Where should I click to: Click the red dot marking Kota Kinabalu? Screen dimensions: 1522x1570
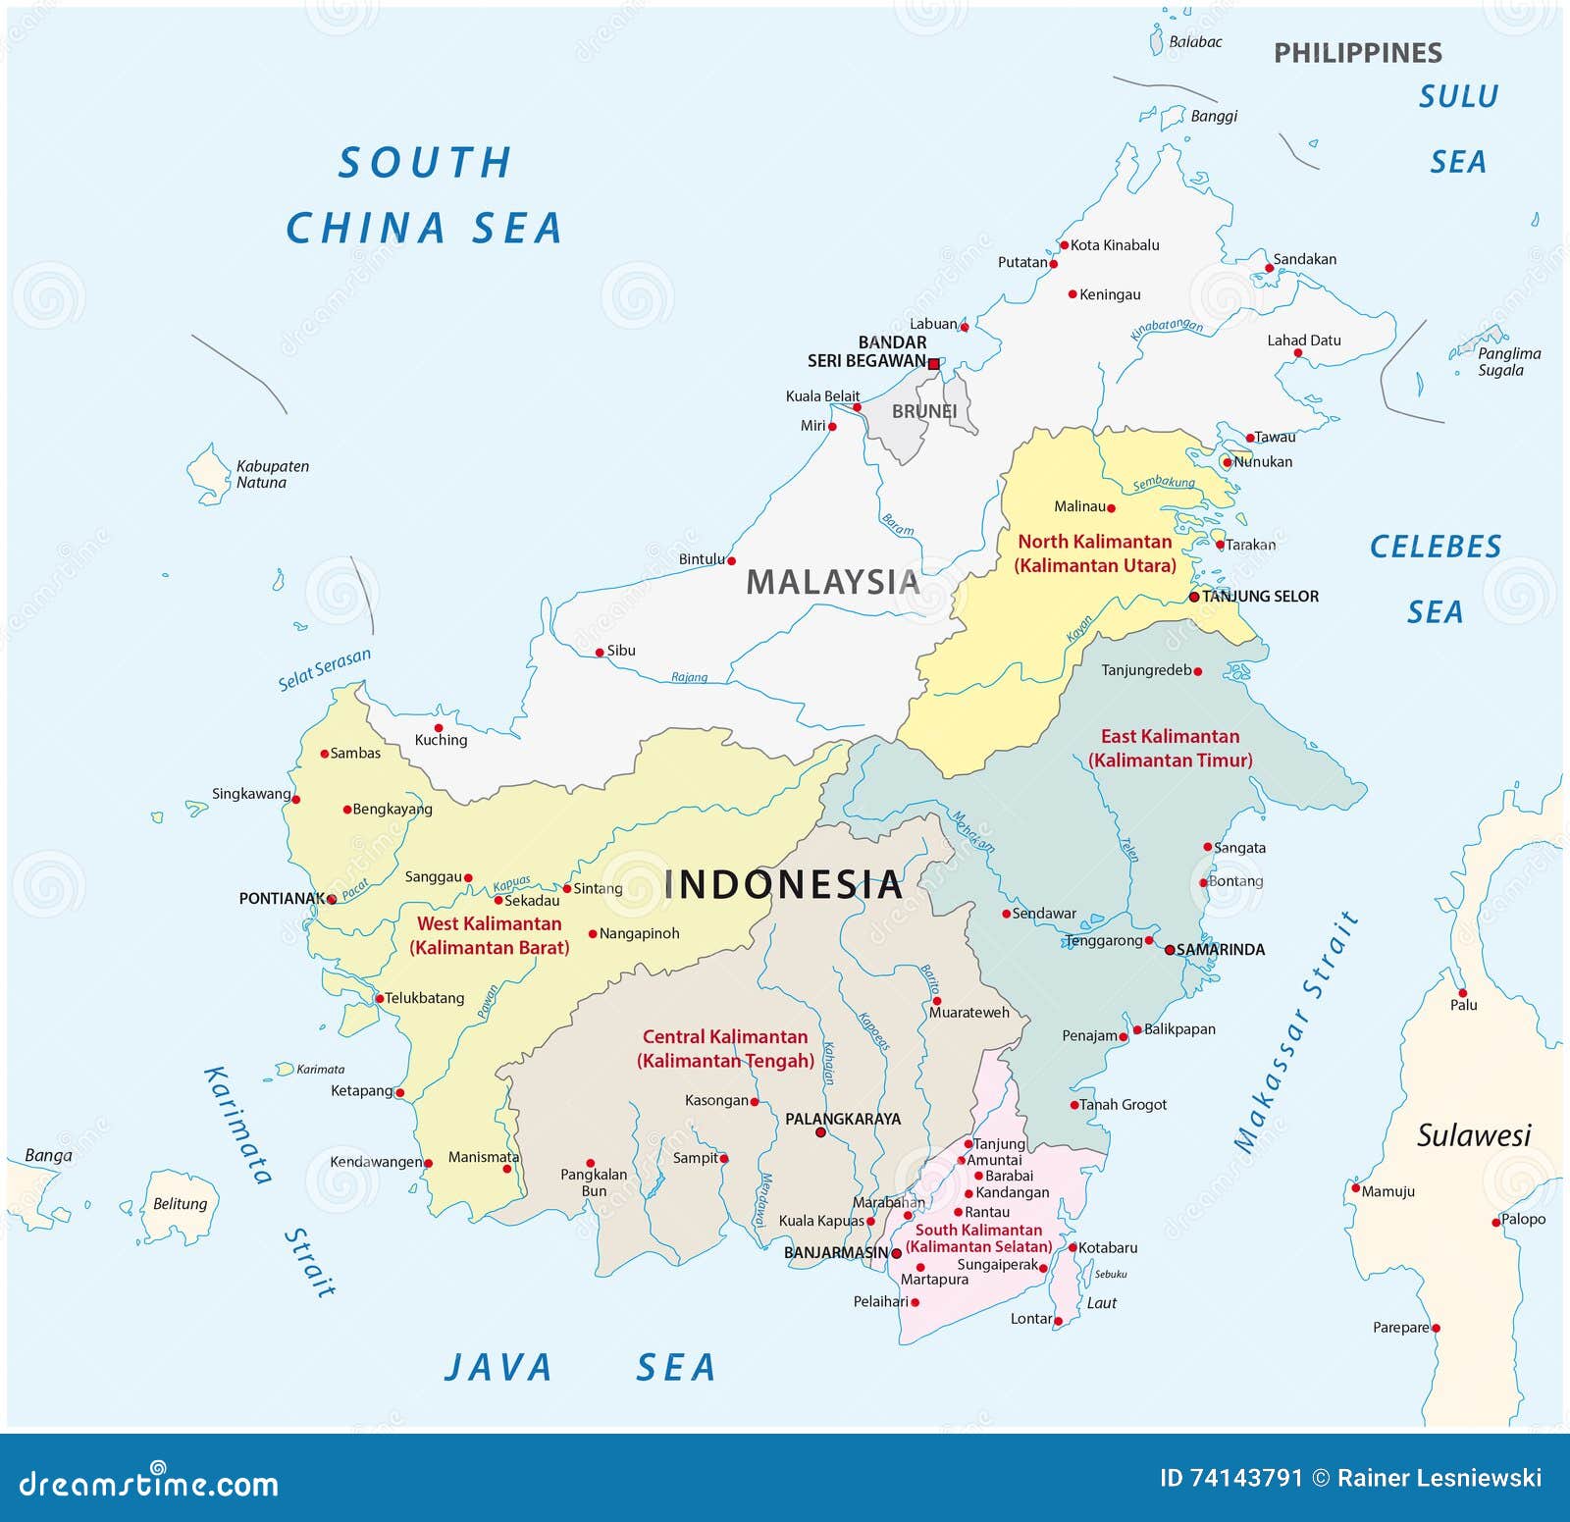tap(1064, 245)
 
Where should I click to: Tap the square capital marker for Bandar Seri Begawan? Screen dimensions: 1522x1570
tap(933, 363)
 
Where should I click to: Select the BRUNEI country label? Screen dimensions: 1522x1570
tap(923, 411)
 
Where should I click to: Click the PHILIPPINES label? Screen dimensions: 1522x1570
tap(1357, 53)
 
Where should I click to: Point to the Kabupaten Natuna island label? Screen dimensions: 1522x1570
tap(272, 474)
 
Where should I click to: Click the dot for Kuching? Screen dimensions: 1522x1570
tap(439, 728)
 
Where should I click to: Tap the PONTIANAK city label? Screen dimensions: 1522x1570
tap(281, 898)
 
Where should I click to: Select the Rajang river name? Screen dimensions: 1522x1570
tap(689, 677)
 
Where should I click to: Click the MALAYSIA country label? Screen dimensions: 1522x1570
tap(832, 582)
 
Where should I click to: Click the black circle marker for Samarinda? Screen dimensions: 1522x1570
tap(1170, 950)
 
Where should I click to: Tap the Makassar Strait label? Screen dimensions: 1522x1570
tap(1294, 1030)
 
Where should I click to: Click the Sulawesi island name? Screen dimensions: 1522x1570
tap(1473, 1135)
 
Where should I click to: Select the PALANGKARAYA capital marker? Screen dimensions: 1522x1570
tap(821, 1132)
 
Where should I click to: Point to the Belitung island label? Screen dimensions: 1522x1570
tap(180, 1203)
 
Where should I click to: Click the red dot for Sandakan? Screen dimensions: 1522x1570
tap(1268, 268)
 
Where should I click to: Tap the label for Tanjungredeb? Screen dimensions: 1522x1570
tap(1145, 670)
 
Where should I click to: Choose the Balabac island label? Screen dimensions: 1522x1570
tap(1195, 42)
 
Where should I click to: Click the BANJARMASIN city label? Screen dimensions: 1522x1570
tap(835, 1253)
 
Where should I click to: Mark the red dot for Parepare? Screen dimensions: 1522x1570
tap(1436, 1328)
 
